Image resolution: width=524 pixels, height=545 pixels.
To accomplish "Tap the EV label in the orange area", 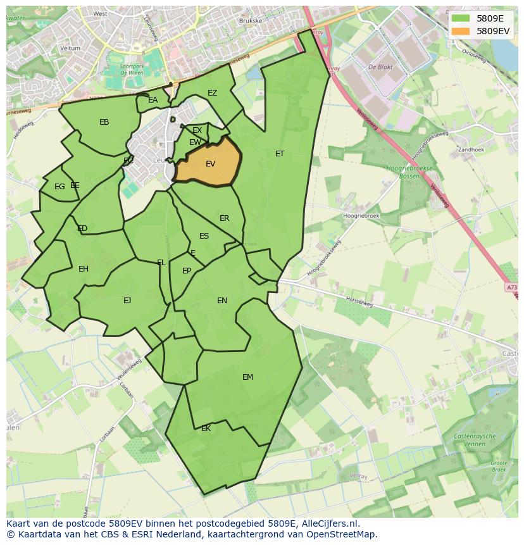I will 211,164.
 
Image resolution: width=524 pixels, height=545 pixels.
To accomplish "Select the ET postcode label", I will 280,154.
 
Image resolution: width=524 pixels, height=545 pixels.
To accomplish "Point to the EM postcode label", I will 247,377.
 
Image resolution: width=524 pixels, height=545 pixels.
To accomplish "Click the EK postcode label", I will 206,429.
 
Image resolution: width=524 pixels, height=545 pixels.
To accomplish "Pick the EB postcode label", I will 104,122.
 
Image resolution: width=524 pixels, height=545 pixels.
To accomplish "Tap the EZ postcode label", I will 212,93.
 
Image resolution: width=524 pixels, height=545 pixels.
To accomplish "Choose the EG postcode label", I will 59,187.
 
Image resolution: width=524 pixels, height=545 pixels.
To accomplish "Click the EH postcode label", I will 84,269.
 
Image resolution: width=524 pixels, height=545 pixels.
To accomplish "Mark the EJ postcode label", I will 127,301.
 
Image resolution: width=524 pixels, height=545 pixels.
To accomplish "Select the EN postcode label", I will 222,301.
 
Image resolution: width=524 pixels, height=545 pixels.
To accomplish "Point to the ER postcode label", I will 225,218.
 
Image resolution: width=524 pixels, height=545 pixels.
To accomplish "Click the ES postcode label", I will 204,236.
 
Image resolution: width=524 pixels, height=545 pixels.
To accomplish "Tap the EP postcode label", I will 187,271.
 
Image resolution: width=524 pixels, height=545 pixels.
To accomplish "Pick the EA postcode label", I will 153,100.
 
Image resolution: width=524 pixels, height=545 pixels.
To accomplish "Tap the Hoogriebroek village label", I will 360,216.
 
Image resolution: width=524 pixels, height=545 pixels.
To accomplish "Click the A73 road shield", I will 511,288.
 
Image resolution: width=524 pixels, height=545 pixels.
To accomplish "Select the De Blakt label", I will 381,66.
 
